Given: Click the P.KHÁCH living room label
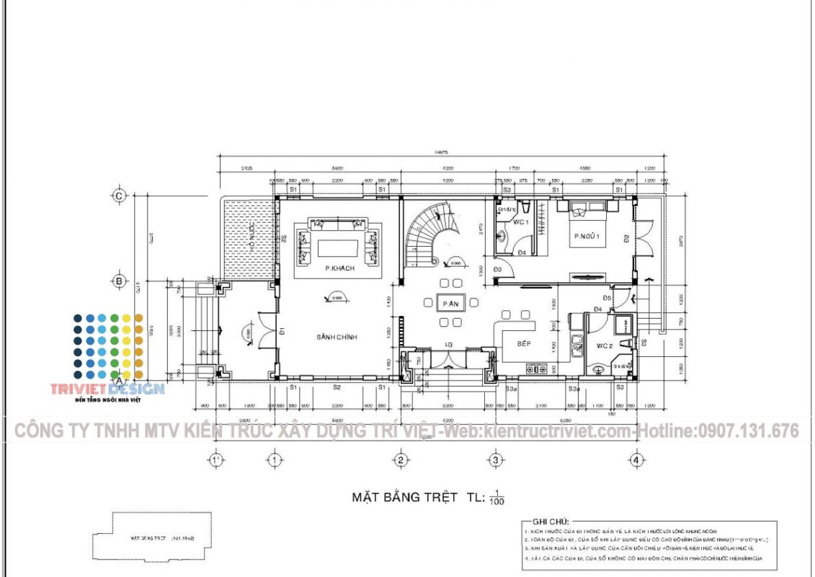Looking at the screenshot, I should point(337,268).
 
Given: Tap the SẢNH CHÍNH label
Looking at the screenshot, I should point(337,337).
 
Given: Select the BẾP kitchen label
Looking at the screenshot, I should point(524,344).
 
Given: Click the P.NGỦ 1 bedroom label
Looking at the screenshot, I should point(587,236).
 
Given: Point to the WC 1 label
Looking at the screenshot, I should point(522,222).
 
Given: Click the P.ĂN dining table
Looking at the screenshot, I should point(451,304).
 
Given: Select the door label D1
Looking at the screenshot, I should point(283,332).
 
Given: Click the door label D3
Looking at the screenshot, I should point(497,269).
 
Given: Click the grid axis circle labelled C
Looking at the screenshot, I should point(120,195).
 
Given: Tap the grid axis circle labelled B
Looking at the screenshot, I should point(120,281).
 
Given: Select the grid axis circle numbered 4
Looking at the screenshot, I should point(636,459).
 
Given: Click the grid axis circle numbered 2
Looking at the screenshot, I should point(401,459).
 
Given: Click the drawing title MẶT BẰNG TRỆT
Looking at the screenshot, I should point(405,496).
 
